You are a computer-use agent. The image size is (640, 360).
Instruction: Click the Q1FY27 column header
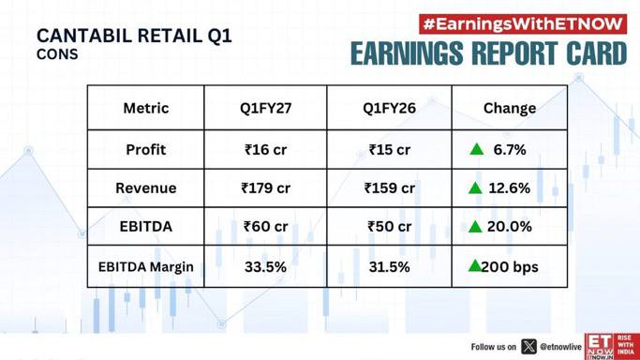[x=266, y=108]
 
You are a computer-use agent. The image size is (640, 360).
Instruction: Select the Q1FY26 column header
[x=390, y=108]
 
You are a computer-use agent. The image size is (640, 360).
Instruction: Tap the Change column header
[x=510, y=108]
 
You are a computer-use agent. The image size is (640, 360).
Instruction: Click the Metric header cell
[x=146, y=108]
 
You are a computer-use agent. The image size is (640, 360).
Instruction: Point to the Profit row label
[x=146, y=150]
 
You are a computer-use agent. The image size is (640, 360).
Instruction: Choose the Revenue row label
[x=146, y=188]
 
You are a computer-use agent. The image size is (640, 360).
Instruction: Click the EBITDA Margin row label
[x=146, y=267]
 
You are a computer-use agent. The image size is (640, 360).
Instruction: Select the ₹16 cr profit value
[x=266, y=150]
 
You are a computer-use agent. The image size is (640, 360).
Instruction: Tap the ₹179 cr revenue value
[x=266, y=188]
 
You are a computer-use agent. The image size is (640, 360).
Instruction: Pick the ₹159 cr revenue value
[x=390, y=188]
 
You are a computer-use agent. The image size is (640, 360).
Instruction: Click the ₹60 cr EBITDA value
[x=266, y=227]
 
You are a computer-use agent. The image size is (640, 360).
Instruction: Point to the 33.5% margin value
[x=266, y=267]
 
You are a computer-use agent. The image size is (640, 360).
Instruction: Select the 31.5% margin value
[x=390, y=267]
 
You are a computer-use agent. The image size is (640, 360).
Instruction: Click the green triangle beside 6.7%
[x=476, y=150]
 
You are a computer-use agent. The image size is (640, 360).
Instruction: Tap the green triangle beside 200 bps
[x=475, y=266]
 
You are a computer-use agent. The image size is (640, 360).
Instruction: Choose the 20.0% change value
[x=510, y=227]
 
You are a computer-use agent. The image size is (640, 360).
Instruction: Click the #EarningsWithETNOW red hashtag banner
[x=523, y=24]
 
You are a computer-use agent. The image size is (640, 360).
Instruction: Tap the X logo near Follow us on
[x=528, y=347]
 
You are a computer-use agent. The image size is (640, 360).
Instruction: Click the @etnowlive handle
[x=560, y=347]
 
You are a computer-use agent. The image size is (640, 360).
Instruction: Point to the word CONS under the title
[x=57, y=54]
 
